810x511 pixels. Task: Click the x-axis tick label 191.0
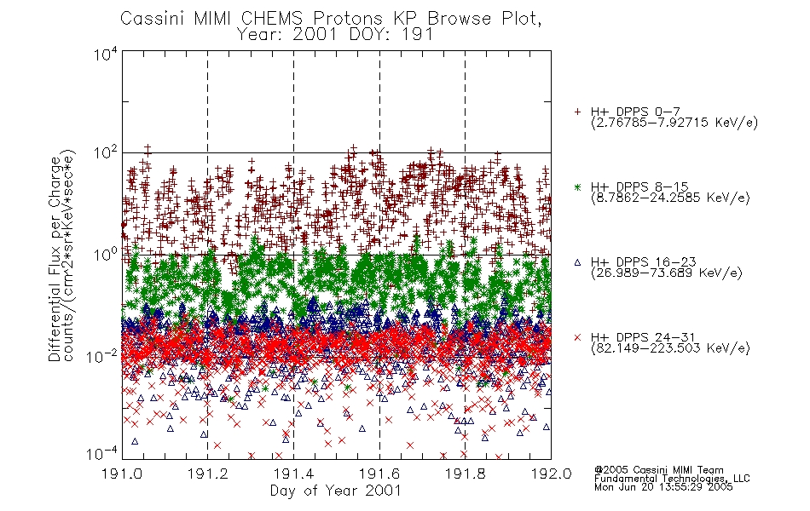(x=122, y=474)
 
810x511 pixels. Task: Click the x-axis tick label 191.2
(x=208, y=474)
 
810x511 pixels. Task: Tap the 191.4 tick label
(x=293, y=474)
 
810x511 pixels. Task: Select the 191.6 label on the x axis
(x=379, y=474)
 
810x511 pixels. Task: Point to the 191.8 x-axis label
(x=465, y=474)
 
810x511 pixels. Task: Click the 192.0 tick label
(x=551, y=474)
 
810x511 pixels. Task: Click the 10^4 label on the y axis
(x=105, y=55)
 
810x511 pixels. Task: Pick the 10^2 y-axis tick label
(x=105, y=153)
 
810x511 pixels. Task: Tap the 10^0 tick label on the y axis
(x=105, y=255)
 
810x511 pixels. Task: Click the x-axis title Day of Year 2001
(x=336, y=491)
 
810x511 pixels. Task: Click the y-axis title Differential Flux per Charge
(x=55, y=259)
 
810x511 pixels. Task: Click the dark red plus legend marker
(x=577, y=112)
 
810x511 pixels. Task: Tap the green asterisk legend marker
(x=577, y=187)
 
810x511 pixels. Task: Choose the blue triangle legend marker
(x=577, y=262)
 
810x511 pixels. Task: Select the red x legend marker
(x=577, y=337)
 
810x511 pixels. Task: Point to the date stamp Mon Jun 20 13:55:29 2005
(x=663, y=487)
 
